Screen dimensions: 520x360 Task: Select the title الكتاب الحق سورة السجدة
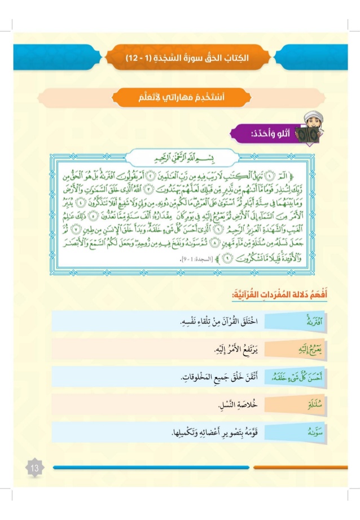tap(187, 58)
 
